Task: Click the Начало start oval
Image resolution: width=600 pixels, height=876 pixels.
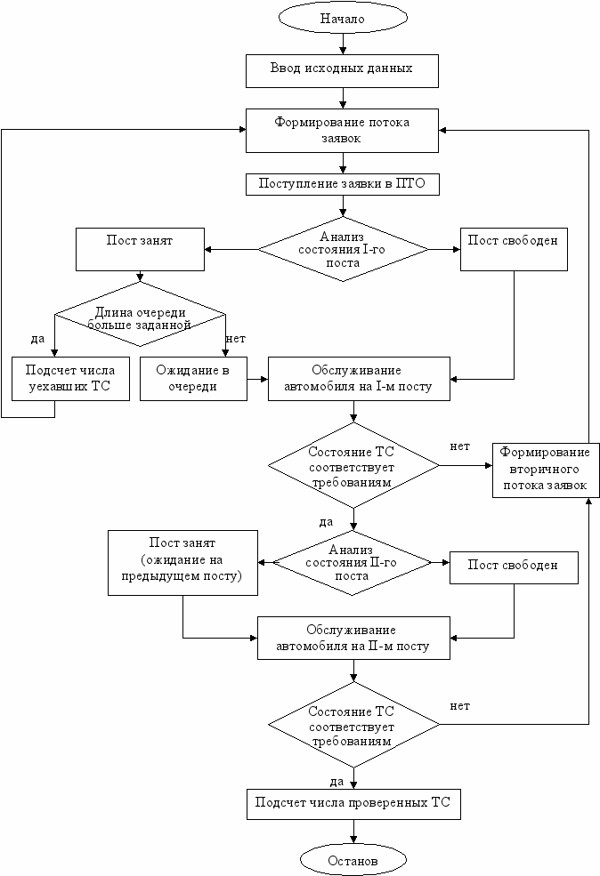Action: [x=343, y=19]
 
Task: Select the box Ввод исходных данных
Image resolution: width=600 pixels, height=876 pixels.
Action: [x=342, y=71]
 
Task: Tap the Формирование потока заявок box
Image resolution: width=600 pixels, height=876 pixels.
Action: [x=342, y=131]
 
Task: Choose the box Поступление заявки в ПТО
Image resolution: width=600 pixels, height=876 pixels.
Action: [x=343, y=184]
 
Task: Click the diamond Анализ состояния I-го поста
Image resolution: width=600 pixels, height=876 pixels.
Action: [x=343, y=249]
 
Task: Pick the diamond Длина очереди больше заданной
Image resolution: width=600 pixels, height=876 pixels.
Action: [x=140, y=314]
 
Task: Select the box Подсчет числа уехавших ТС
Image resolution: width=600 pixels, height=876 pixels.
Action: [x=70, y=379]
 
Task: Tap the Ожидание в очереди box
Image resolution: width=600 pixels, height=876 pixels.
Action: [x=193, y=379]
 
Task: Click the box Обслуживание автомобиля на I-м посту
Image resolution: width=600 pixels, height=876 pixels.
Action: [x=359, y=379]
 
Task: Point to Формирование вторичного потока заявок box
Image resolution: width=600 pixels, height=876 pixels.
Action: [x=546, y=470]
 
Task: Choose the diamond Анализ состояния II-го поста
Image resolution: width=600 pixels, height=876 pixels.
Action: [x=352, y=563]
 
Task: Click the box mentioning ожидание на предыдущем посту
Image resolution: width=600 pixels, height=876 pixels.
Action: [x=182, y=563]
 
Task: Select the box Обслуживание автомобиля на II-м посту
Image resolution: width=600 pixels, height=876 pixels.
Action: [x=353, y=638]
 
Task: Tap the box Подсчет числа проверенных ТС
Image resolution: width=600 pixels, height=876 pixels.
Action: [x=353, y=804]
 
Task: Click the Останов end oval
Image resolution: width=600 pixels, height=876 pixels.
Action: [x=353, y=860]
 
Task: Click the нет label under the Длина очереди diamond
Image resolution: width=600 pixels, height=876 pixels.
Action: [x=235, y=339]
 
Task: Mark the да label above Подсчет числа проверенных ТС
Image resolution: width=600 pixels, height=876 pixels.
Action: [x=336, y=781]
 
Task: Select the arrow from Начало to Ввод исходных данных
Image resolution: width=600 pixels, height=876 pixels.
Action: [x=343, y=44]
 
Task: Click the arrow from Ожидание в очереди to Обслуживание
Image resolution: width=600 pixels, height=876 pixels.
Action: [x=257, y=380]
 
